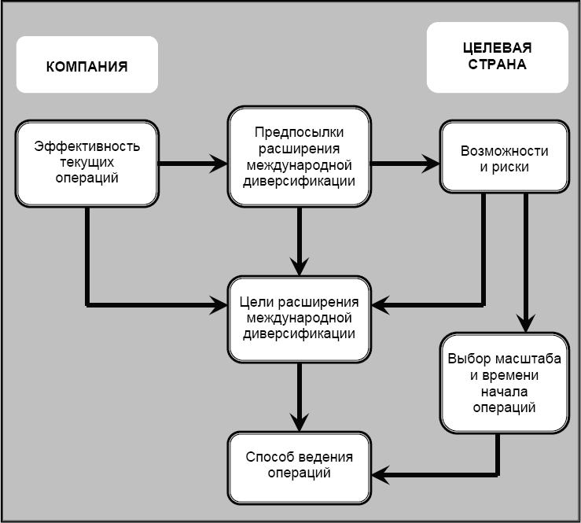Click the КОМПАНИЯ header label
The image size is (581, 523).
[x=86, y=66]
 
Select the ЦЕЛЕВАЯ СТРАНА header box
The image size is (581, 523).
[x=496, y=57]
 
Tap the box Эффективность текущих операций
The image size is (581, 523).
[x=87, y=162]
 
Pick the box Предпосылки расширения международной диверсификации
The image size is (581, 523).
[x=299, y=157]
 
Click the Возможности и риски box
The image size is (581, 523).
[x=503, y=157]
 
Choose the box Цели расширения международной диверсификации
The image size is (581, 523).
[x=299, y=318]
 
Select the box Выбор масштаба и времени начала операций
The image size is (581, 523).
[x=504, y=383]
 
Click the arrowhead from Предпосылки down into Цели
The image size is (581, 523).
[x=299, y=266]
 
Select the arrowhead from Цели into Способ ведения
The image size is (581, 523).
[x=299, y=420]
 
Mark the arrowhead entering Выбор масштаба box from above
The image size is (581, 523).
[x=526, y=322]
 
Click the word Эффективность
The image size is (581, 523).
[x=87, y=147]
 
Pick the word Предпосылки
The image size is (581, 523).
[x=299, y=133]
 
